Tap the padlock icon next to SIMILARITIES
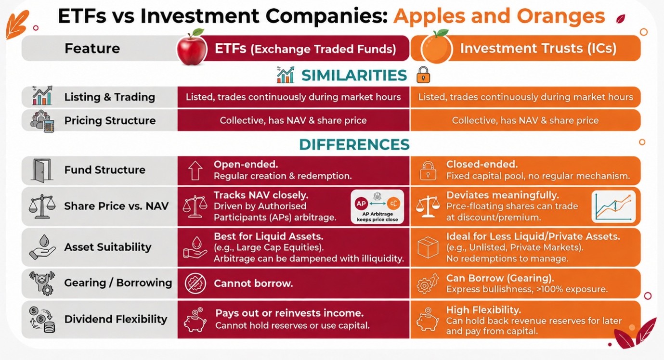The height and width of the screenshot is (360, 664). (x=423, y=75)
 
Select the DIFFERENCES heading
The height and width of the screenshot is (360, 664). (x=354, y=144)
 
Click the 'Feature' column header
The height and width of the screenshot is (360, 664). (x=92, y=48)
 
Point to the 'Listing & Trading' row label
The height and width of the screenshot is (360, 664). (x=110, y=97)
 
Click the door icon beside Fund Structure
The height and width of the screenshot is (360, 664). (x=42, y=170)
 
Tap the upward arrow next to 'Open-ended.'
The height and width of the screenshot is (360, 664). (x=195, y=170)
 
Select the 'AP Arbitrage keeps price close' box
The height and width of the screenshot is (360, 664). (x=377, y=206)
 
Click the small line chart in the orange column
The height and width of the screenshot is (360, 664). (x=613, y=206)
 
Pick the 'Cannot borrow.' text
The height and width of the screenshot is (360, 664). (x=253, y=283)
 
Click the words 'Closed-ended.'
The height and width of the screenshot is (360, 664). (x=482, y=164)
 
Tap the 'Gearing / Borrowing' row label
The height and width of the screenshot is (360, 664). (x=118, y=283)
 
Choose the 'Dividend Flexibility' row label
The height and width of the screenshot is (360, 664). (x=116, y=319)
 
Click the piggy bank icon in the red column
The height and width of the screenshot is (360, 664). (x=195, y=320)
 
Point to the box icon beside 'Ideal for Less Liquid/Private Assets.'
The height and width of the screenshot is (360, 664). (x=428, y=247)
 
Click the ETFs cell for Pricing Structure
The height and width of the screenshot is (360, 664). (x=293, y=120)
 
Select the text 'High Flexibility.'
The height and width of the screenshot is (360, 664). (x=483, y=310)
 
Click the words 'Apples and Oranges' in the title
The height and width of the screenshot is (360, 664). (x=499, y=16)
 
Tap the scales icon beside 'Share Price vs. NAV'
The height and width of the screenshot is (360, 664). (x=42, y=206)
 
